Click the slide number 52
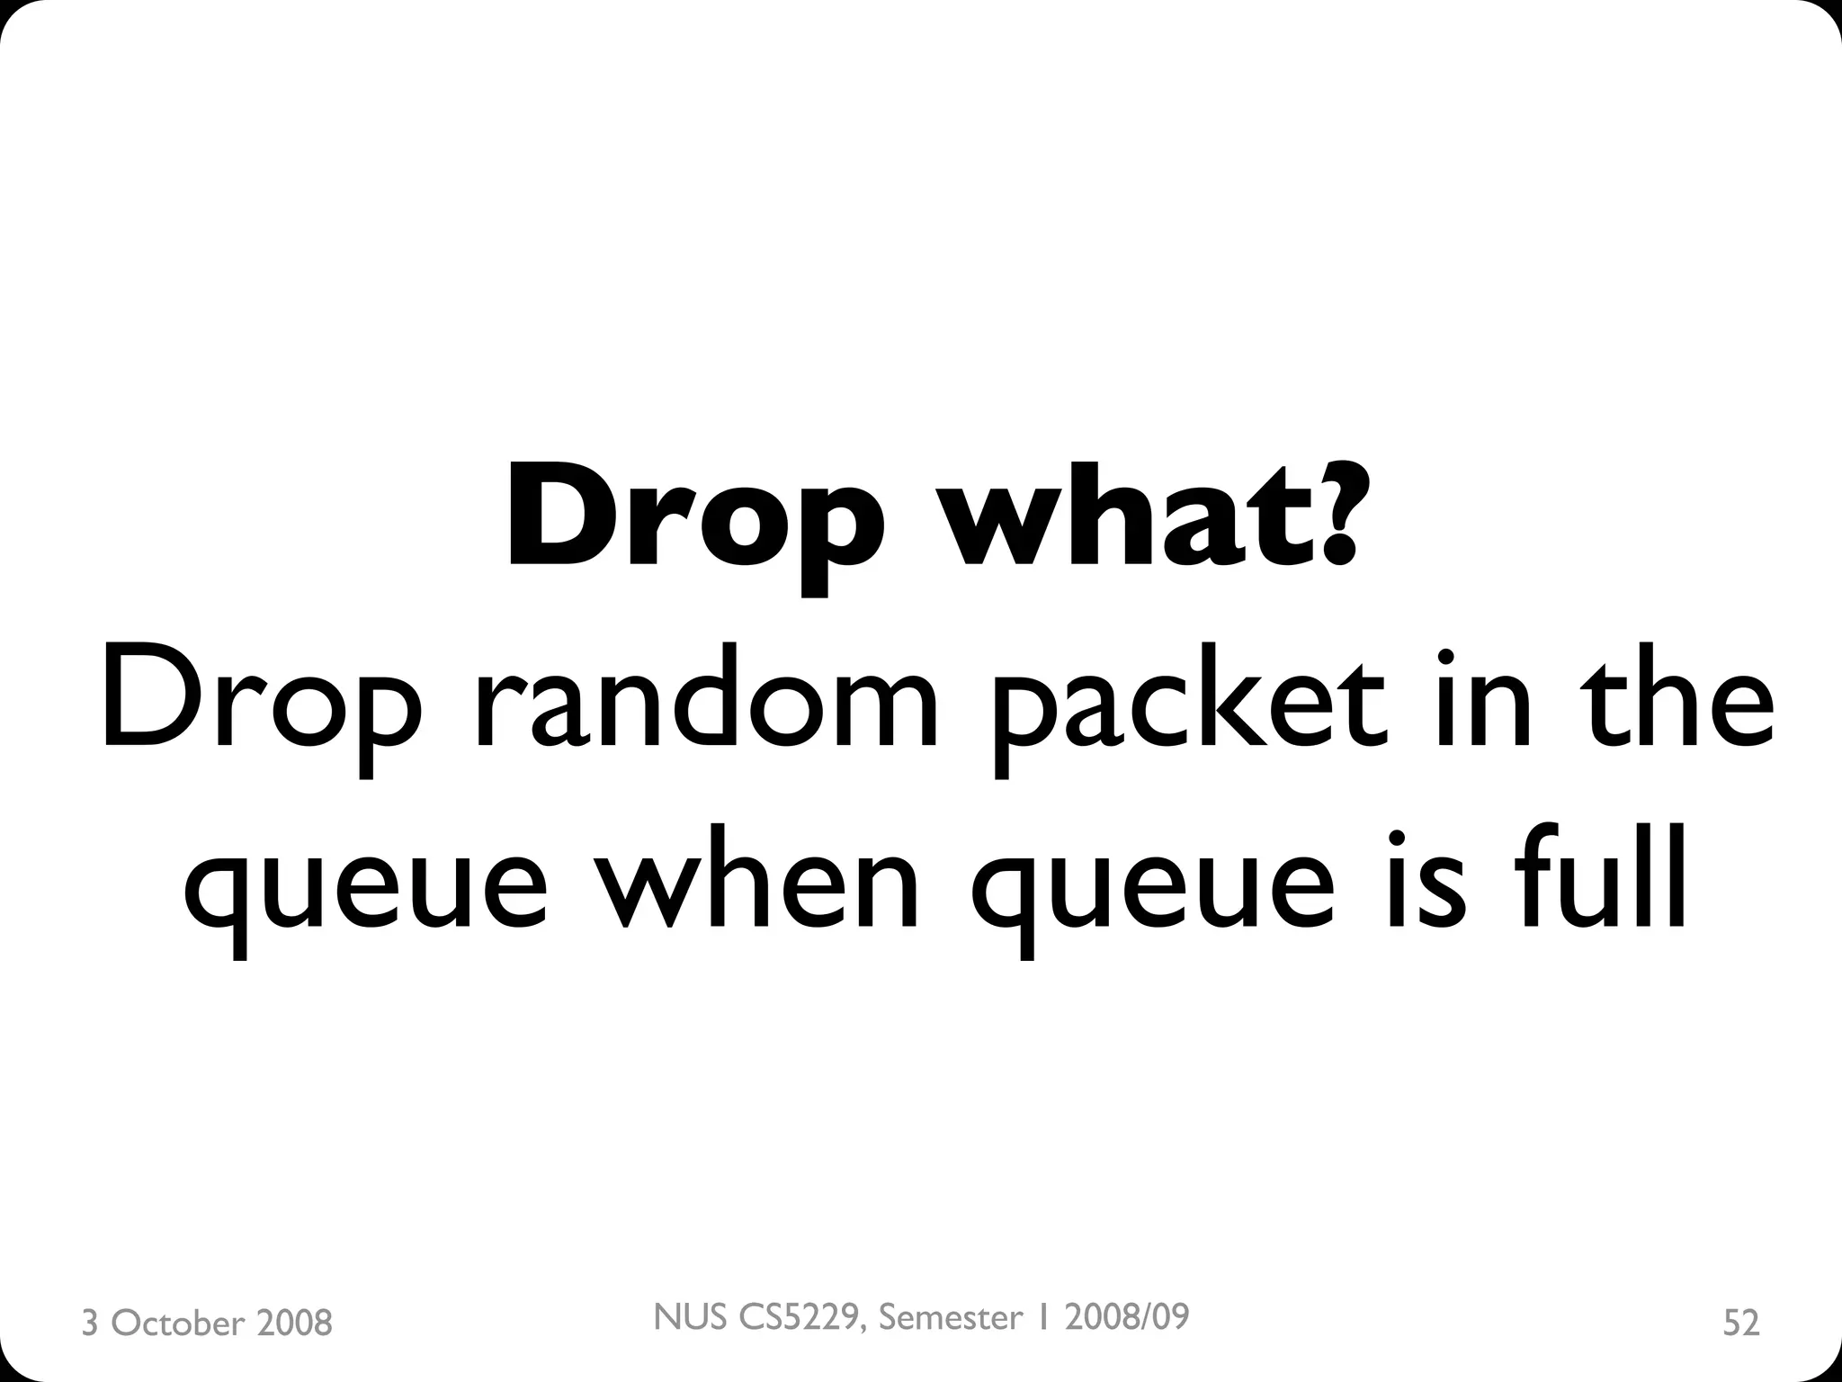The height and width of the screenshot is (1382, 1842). pyautogui.click(x=1740, y=1323)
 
